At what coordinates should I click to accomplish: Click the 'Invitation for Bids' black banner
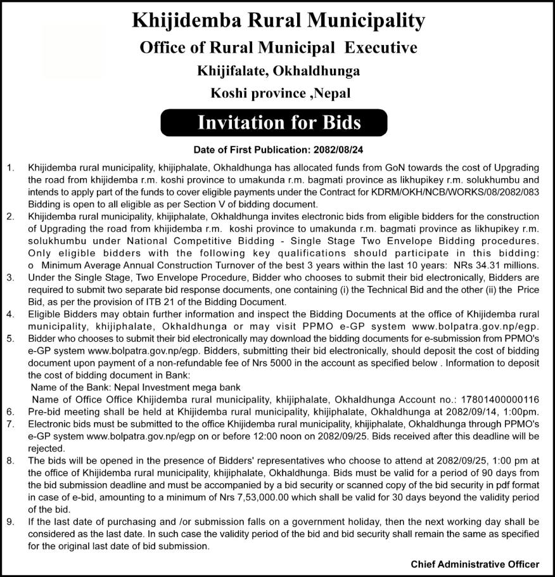[278, 122]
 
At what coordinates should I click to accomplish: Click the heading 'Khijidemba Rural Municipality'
[278, 20]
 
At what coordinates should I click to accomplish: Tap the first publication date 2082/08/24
[335, 151]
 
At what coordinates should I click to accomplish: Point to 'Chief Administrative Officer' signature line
[475, 564]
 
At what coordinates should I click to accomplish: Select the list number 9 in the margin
[10, 522]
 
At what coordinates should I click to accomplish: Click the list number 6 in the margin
[10, 412]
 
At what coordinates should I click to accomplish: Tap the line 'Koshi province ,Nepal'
[280, 93]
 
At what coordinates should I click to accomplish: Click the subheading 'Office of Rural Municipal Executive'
[278, 48]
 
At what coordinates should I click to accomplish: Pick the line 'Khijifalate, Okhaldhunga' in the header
[278, 70]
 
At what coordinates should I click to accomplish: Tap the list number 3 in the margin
[10, 277]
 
